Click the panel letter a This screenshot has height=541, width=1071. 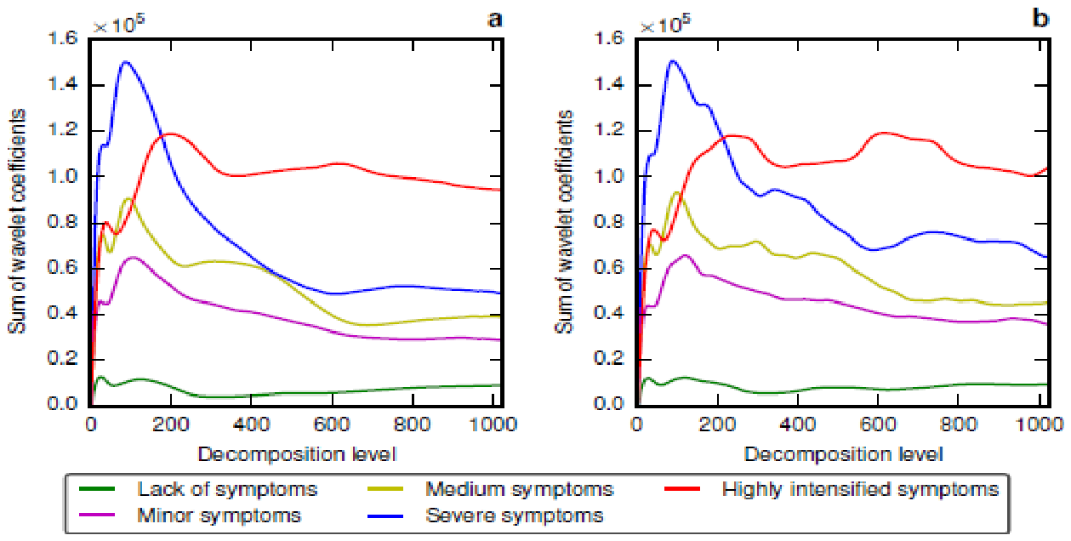click(x=494, y=20)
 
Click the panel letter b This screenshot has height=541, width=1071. click(x=1041, y=18)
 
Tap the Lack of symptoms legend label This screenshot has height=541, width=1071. click(x=227, y=489)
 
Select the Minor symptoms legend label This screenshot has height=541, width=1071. click(x=219, y=515)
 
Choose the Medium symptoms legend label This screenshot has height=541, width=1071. click(x=519, y=489)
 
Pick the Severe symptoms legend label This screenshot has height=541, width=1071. click(x=515, y=515)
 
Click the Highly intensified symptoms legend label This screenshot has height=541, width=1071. click(x=860, y=489)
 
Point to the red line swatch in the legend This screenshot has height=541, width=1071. click(x=683, y=489)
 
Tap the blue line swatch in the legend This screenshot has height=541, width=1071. click(x=385, y=515)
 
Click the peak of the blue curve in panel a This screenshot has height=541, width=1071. click(x=126, y=61)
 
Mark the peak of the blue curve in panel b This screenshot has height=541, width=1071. click(x=673, y=60)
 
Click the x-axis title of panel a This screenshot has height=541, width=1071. click(x=297, y=454)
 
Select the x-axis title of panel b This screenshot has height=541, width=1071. click(x=843, y=454)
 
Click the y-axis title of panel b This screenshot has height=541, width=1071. click(x=564, y=222)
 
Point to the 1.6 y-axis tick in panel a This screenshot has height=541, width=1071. click(x=63, y=37)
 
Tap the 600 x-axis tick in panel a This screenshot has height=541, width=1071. click(x=332, y=424)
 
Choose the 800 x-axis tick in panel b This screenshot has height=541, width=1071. click(x=958, y=424)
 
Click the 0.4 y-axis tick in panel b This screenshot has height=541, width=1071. click(x=608, y=314)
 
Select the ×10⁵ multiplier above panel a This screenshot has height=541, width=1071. click(x=118, y=24)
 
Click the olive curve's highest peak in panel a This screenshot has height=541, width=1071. click(x=128, y=198)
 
